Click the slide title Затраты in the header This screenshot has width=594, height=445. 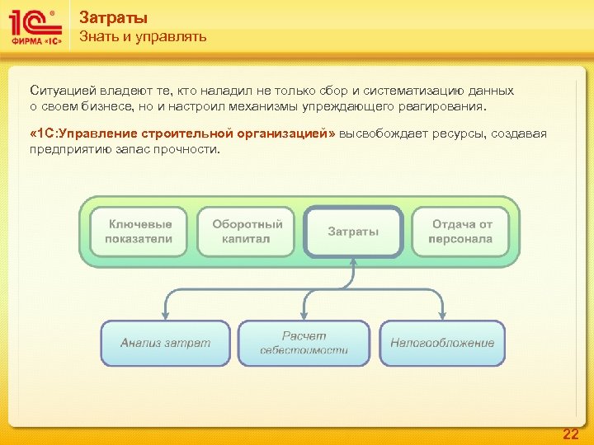coord(114,17)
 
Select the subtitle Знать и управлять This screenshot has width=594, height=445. coord(143,37)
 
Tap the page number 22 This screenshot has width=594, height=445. coord(570,433)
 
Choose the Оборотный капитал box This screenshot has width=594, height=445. coord(247,232)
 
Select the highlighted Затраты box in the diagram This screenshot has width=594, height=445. coord(353,232)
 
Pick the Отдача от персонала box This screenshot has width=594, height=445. coord(461,232)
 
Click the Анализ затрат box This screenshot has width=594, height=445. coord(165,343)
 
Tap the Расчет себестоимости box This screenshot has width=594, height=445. coord(304,343)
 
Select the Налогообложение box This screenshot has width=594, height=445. coord(442,343)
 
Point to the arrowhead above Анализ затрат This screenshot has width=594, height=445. coord(165,315)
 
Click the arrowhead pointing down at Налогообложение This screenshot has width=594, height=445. coord(442,315)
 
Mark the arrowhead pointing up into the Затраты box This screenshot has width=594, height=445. coord(353,261)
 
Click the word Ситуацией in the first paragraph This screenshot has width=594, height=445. coord(57,91)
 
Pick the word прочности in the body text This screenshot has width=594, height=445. coord(192,150)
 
